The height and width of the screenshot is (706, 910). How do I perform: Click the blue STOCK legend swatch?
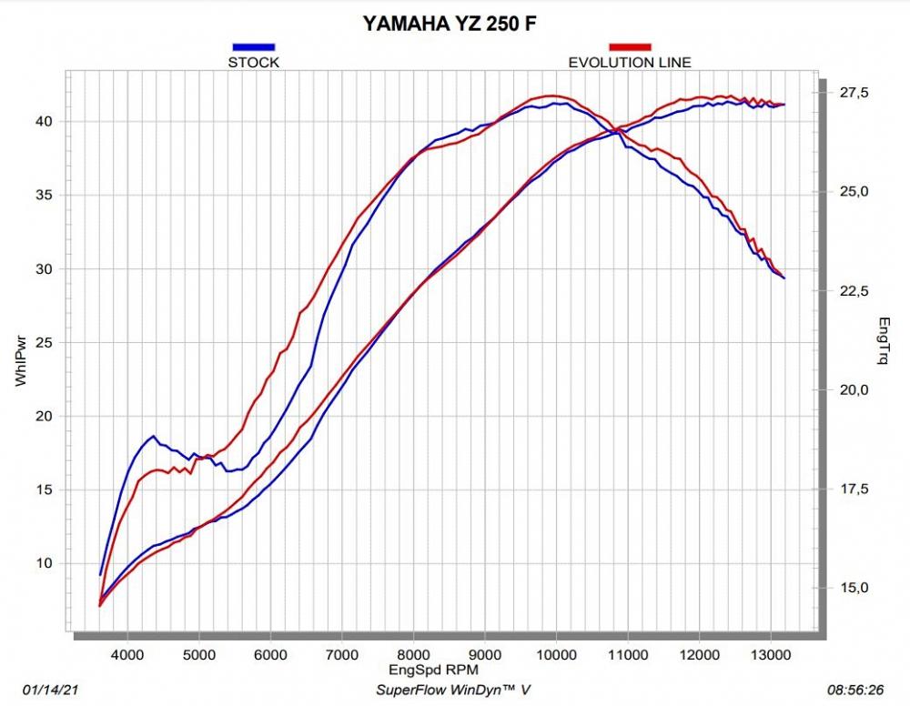[253, 46]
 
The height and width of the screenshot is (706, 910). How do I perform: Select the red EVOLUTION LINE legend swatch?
[630, 46]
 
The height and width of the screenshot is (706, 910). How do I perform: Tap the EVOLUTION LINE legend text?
[630, 63]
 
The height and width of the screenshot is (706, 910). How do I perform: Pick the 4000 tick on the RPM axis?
[127, 653]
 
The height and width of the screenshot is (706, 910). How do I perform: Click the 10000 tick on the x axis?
[555, 653]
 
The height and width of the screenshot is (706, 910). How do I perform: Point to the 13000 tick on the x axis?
[770, 653]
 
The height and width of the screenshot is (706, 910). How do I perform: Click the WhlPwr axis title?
[21, 364]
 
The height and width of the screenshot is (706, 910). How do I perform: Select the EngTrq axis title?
[882, 341]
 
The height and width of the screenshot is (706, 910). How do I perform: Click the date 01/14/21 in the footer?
[47, 690]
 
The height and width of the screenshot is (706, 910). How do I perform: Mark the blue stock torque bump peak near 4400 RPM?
[153, 437]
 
